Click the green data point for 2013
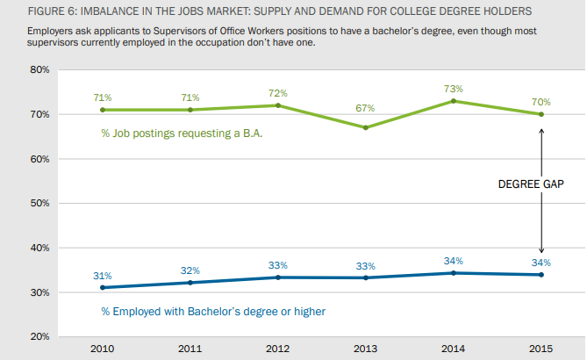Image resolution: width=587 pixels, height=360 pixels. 365,127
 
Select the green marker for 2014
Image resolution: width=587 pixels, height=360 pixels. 453,101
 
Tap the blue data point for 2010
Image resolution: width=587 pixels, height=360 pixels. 102,287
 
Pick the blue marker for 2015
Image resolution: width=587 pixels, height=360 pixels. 540,275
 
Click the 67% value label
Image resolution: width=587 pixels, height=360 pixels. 365,108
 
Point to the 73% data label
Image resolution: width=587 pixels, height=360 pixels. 453,89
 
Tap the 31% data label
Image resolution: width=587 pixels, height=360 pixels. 102,275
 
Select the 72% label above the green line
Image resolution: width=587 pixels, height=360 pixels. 277,92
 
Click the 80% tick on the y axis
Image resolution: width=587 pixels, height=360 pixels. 39,69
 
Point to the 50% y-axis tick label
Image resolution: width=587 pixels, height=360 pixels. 39,203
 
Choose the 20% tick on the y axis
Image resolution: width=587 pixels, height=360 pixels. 39,336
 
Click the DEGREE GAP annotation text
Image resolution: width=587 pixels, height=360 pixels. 530,185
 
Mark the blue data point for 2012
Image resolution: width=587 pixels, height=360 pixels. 277,277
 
